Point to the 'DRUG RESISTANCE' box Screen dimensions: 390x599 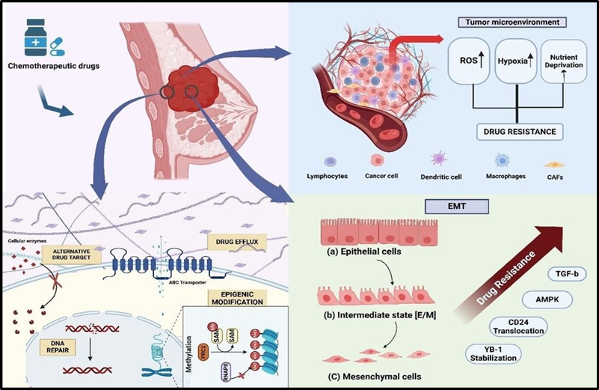[520, 131]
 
